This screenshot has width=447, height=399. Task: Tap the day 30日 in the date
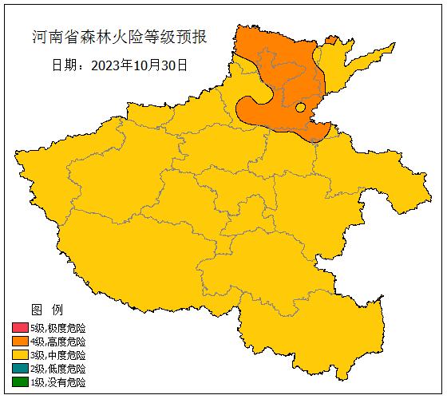pyautogui.click(x=176, y=65)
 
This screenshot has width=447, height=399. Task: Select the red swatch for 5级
pyautogui.click(x=20, y=328)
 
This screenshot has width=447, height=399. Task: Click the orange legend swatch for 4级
pyautogui.click(x=20, y=342)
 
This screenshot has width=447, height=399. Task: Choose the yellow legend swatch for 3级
pyautogui.click(x=20, y=355)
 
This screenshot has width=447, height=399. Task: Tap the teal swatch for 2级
pyautogui.click(x=20, y=369)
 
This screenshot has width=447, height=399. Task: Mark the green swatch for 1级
pyautogui.click(x=20, y=382)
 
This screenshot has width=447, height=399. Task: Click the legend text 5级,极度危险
pyautogui.click(x=57, y=328)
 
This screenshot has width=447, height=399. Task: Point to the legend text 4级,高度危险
pyautogui.click(x=57, y=342)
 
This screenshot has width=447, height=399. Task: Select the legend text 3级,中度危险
pyautogui.click(x=57, y=355)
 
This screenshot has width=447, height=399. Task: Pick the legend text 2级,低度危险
pyautogui.click(x=57, y=369)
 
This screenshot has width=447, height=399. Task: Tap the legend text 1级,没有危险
pyautogui.click(x=57, y=382)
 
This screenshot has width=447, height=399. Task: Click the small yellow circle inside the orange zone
pyautogui.click(x=300, y=107)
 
